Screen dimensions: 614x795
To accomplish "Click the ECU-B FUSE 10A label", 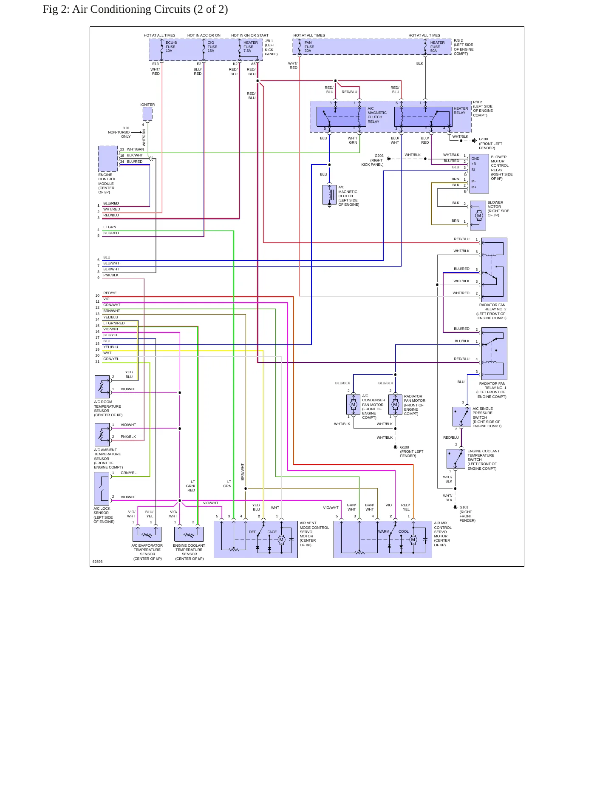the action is coord(171,47).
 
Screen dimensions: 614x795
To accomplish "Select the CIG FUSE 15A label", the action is coord(212,47).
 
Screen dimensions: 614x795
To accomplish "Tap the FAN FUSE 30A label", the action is coord(309,47).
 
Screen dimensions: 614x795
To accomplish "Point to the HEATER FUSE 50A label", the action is coord(437,47).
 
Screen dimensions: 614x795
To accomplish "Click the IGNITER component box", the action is coord(147,114).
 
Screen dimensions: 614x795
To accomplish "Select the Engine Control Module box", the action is coord(108,159).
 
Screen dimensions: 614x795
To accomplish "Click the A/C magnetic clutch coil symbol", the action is coord(330,194).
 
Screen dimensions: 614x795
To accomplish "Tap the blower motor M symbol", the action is coord(479,216).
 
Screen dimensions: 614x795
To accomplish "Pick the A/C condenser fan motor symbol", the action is coord(353,405).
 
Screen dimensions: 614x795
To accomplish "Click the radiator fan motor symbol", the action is coord(395,405).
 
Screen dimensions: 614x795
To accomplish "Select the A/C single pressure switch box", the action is coord(462,417).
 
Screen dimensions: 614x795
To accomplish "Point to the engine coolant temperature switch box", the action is coord(456,459).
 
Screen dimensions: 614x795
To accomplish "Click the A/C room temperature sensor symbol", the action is coord(102,387).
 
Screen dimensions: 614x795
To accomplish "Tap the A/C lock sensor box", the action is coord(102,489).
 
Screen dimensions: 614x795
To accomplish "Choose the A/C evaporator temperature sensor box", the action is coord(147,534).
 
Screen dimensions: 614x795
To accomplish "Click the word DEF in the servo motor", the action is coord(252,532).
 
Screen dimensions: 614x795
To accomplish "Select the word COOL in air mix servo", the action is coord(404,531).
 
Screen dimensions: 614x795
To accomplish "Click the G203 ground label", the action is coord(379,156).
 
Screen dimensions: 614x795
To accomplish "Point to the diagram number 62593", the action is coord(98,562).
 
